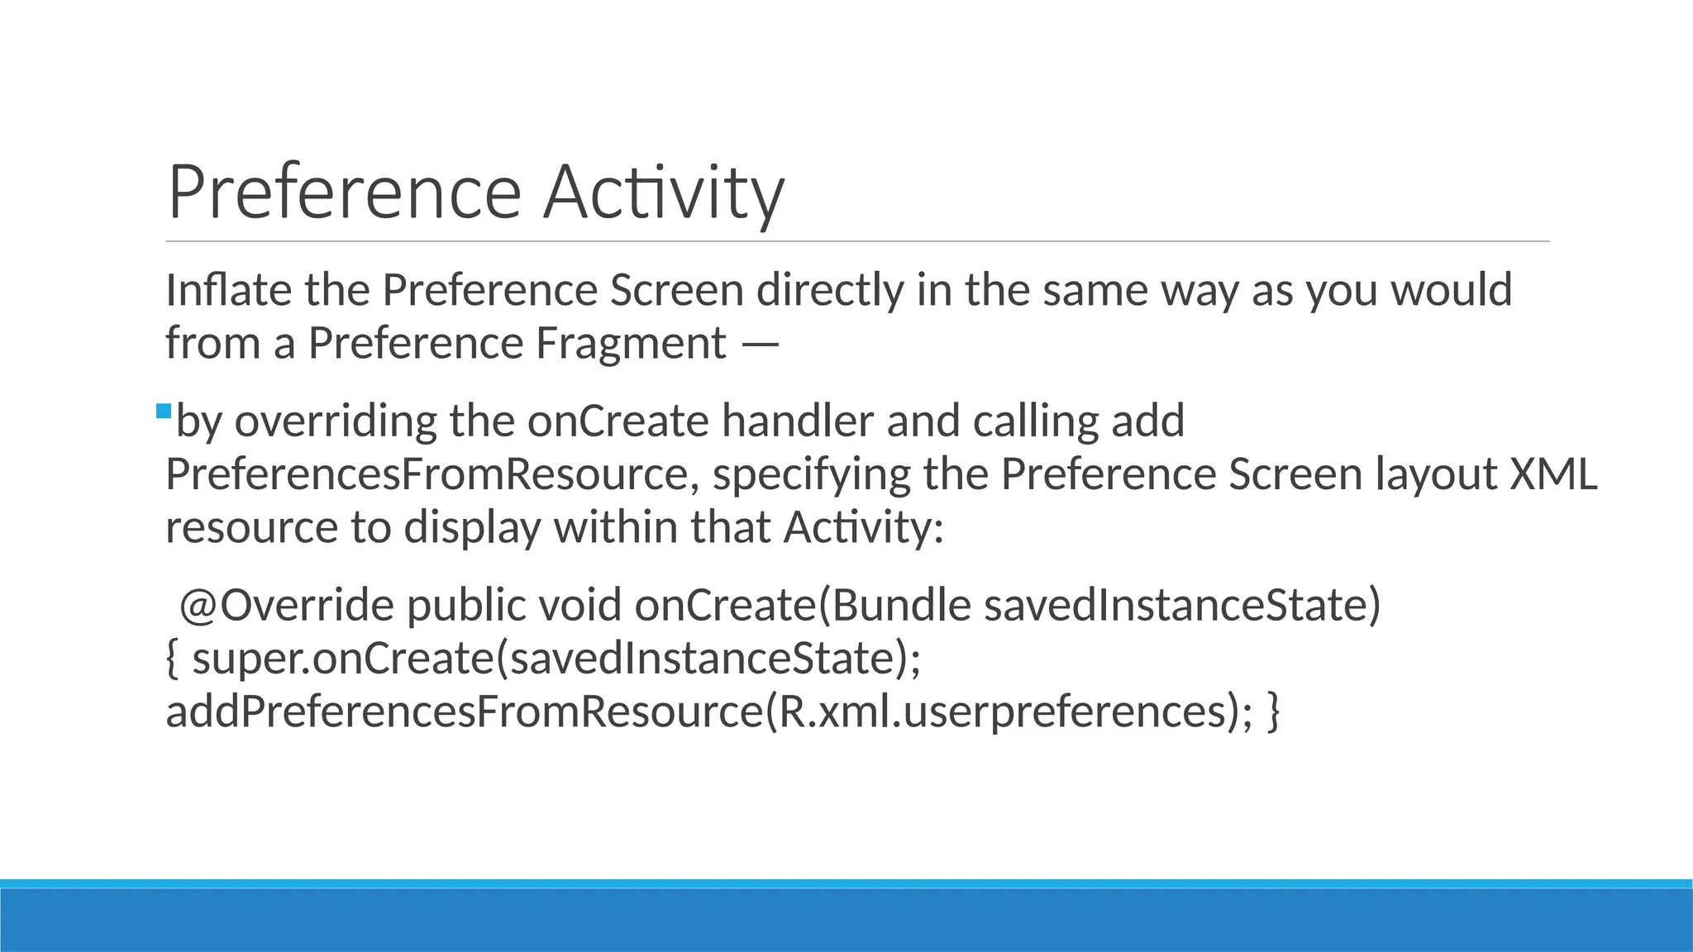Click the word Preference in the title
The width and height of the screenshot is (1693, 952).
click(344, 192)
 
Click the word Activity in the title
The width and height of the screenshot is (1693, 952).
click(663, 192)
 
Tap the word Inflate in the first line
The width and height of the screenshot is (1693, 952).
click(228, 290)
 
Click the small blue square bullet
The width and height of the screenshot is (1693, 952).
click(163, 411)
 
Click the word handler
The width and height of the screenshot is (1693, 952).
click(797, 421)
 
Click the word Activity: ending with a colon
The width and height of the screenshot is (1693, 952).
click(863, 527)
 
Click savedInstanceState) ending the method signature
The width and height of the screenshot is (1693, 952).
click(1182, 605)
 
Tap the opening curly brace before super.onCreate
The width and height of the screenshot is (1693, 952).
click(172, 659)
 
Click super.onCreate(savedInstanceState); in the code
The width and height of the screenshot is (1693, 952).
click(556, 659)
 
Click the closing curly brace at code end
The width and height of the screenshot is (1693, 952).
click(1273, 712)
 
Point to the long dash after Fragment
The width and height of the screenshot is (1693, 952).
click(760, 345)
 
